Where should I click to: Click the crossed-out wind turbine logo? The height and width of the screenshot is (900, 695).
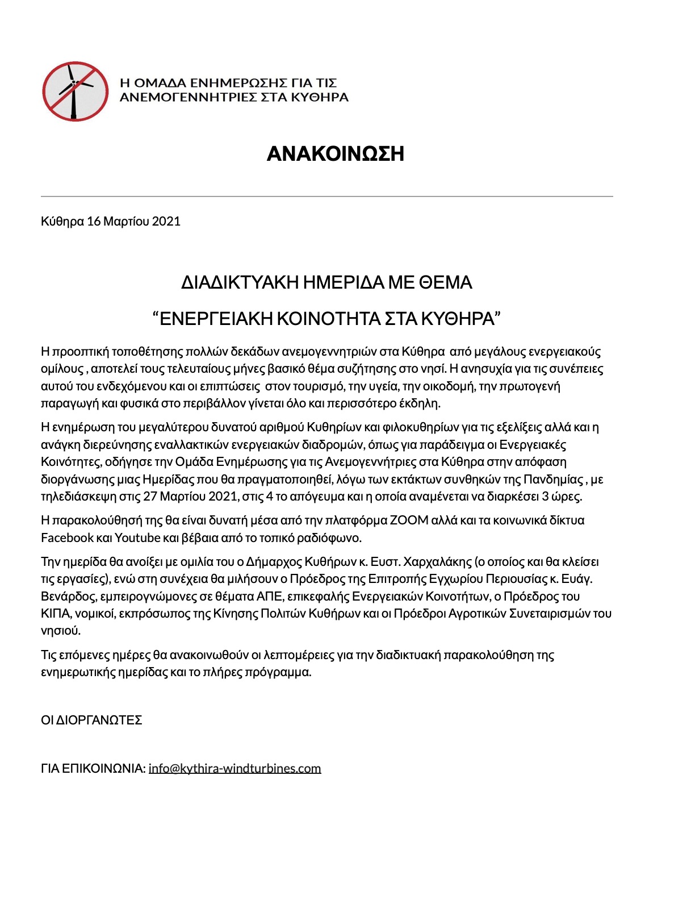(75, 91)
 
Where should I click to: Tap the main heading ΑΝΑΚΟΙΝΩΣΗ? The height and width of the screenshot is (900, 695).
(335, 153)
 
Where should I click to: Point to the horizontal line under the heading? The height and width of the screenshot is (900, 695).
(326, 196)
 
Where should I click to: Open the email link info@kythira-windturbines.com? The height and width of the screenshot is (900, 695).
(235, 768)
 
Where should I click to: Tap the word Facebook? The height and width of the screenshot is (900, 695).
(67, 537)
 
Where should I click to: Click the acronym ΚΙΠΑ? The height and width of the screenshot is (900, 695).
(54, 614)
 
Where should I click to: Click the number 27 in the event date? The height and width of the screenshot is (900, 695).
(149, 497)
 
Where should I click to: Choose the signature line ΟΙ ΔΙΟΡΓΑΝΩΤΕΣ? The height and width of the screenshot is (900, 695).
(91, 720)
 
